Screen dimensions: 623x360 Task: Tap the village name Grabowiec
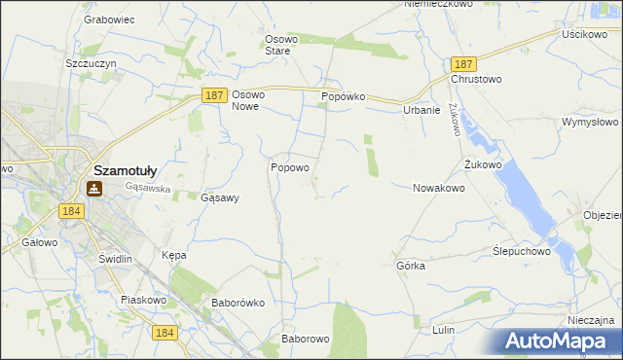pos(109,18)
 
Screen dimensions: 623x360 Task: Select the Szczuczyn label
pos(92,62)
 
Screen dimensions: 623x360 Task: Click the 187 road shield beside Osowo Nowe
pos(215,95)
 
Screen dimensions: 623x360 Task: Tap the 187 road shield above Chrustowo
pos(462,62)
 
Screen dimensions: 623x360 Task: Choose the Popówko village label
pos(343,98)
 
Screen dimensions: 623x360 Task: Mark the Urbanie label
pos(422,110)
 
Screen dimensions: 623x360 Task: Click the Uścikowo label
pos(585,33)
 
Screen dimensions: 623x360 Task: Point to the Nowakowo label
pos(438,188)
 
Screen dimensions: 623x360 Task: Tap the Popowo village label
pos(289,167)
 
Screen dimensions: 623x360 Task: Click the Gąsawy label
pos(219,198)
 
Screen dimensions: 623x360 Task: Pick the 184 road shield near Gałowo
pos(69,210)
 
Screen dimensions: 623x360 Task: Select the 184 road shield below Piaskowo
pos(165,333)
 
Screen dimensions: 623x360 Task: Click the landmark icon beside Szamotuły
pos(96,189)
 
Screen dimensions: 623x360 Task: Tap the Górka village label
pos(411,265)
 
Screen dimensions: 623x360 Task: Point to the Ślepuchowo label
pos(522,250)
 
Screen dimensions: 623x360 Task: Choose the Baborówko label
pos(238,303)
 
